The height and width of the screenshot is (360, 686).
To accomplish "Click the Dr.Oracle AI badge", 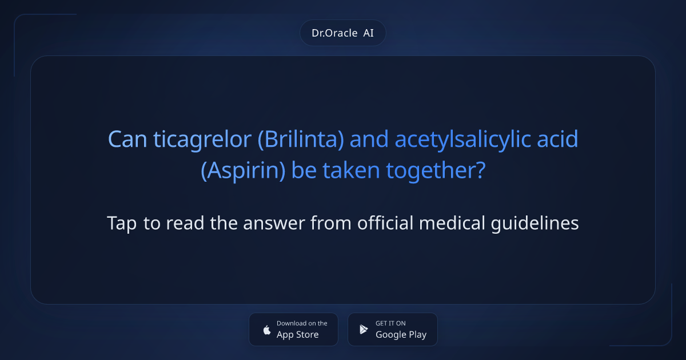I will (343, 33).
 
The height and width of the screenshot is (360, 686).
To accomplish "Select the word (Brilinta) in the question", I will (301, 139).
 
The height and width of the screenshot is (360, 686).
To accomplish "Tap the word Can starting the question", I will (128, 139).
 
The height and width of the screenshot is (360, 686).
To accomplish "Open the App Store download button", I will (293, 329).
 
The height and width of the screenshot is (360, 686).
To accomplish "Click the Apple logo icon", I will (266, 330).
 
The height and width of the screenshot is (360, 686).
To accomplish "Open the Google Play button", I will (393, 329).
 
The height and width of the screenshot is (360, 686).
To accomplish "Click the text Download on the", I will (302, 323).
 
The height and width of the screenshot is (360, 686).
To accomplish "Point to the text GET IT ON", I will (390, 323).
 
